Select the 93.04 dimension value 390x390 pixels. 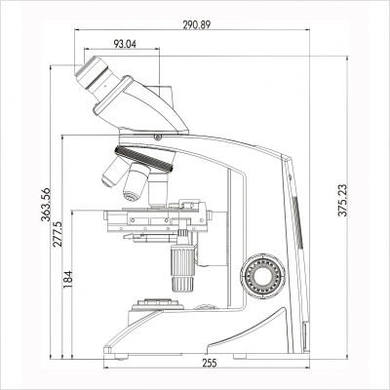pos(126,44)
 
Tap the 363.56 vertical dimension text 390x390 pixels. pos(39,205)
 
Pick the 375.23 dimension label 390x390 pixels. pos(343,207)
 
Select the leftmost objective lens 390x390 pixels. pos(112,175)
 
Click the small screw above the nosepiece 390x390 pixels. pos(155,138)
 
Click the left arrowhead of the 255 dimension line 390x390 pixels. pos(106,356)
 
